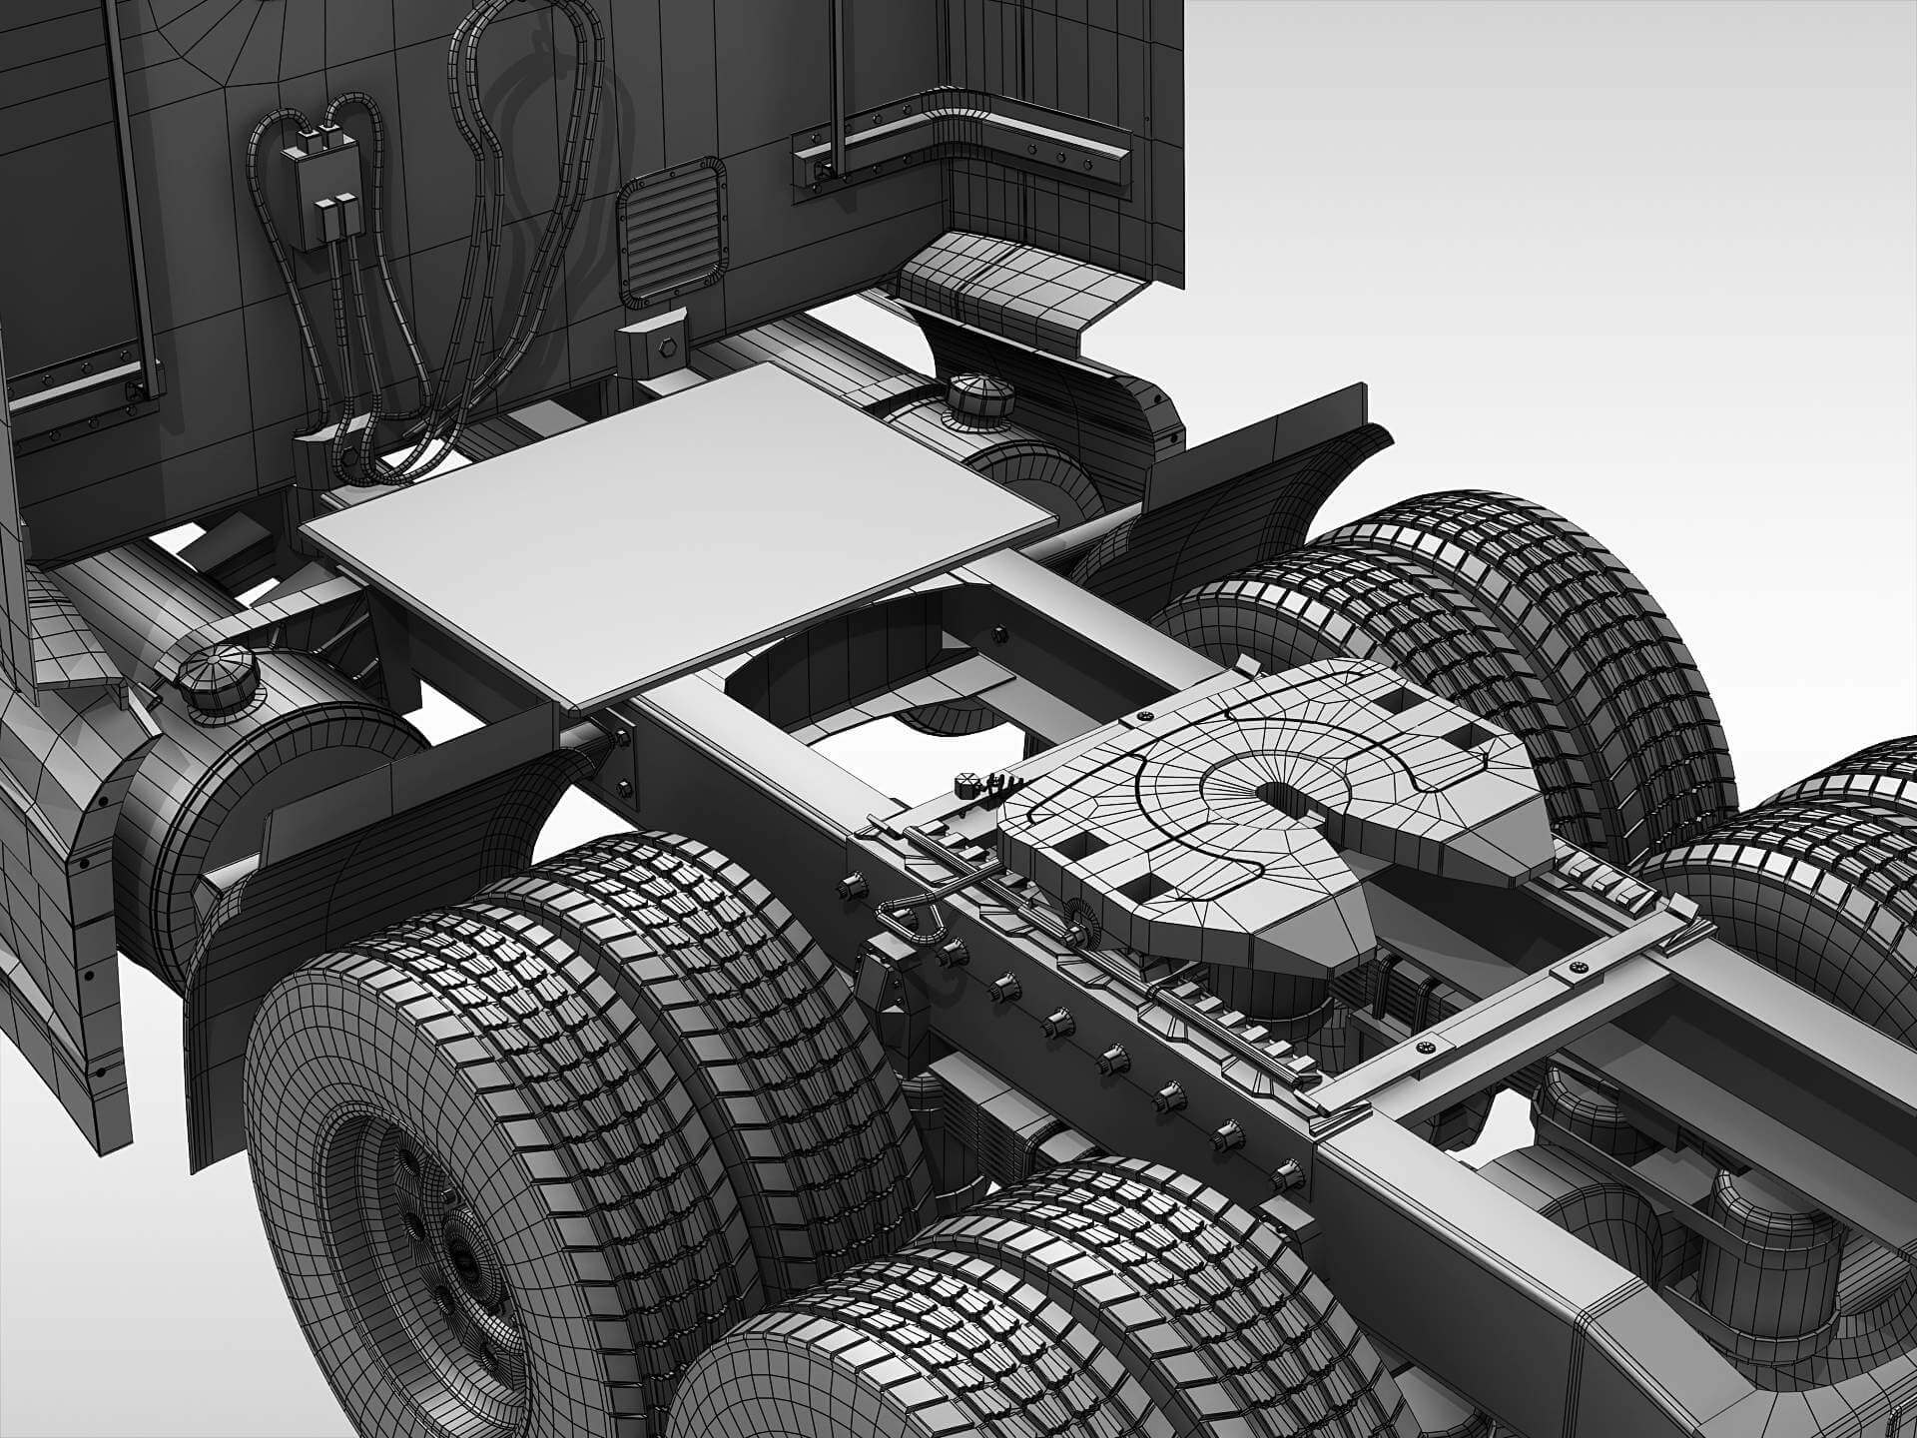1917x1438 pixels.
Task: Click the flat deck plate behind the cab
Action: (679, 529)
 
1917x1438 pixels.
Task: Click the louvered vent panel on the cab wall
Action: (670, 231)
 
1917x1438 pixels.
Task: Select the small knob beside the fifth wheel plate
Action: (966, 785)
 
